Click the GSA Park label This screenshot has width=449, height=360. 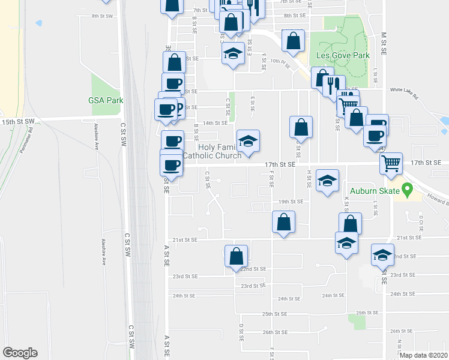(106, 100)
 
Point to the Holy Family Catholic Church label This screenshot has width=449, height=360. (212, 151)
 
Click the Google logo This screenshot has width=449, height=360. (20, 353)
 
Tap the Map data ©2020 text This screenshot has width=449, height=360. (424, 355)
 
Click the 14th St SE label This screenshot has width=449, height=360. (215, 122)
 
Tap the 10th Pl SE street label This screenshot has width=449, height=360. (280, 61)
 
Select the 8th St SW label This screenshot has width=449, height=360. (103, 17)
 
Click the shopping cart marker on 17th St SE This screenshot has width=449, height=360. (391, 163)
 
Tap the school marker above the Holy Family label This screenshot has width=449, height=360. (248, 140)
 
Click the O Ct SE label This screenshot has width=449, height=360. (421, 220)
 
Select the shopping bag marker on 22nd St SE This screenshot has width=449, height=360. (237, 256)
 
